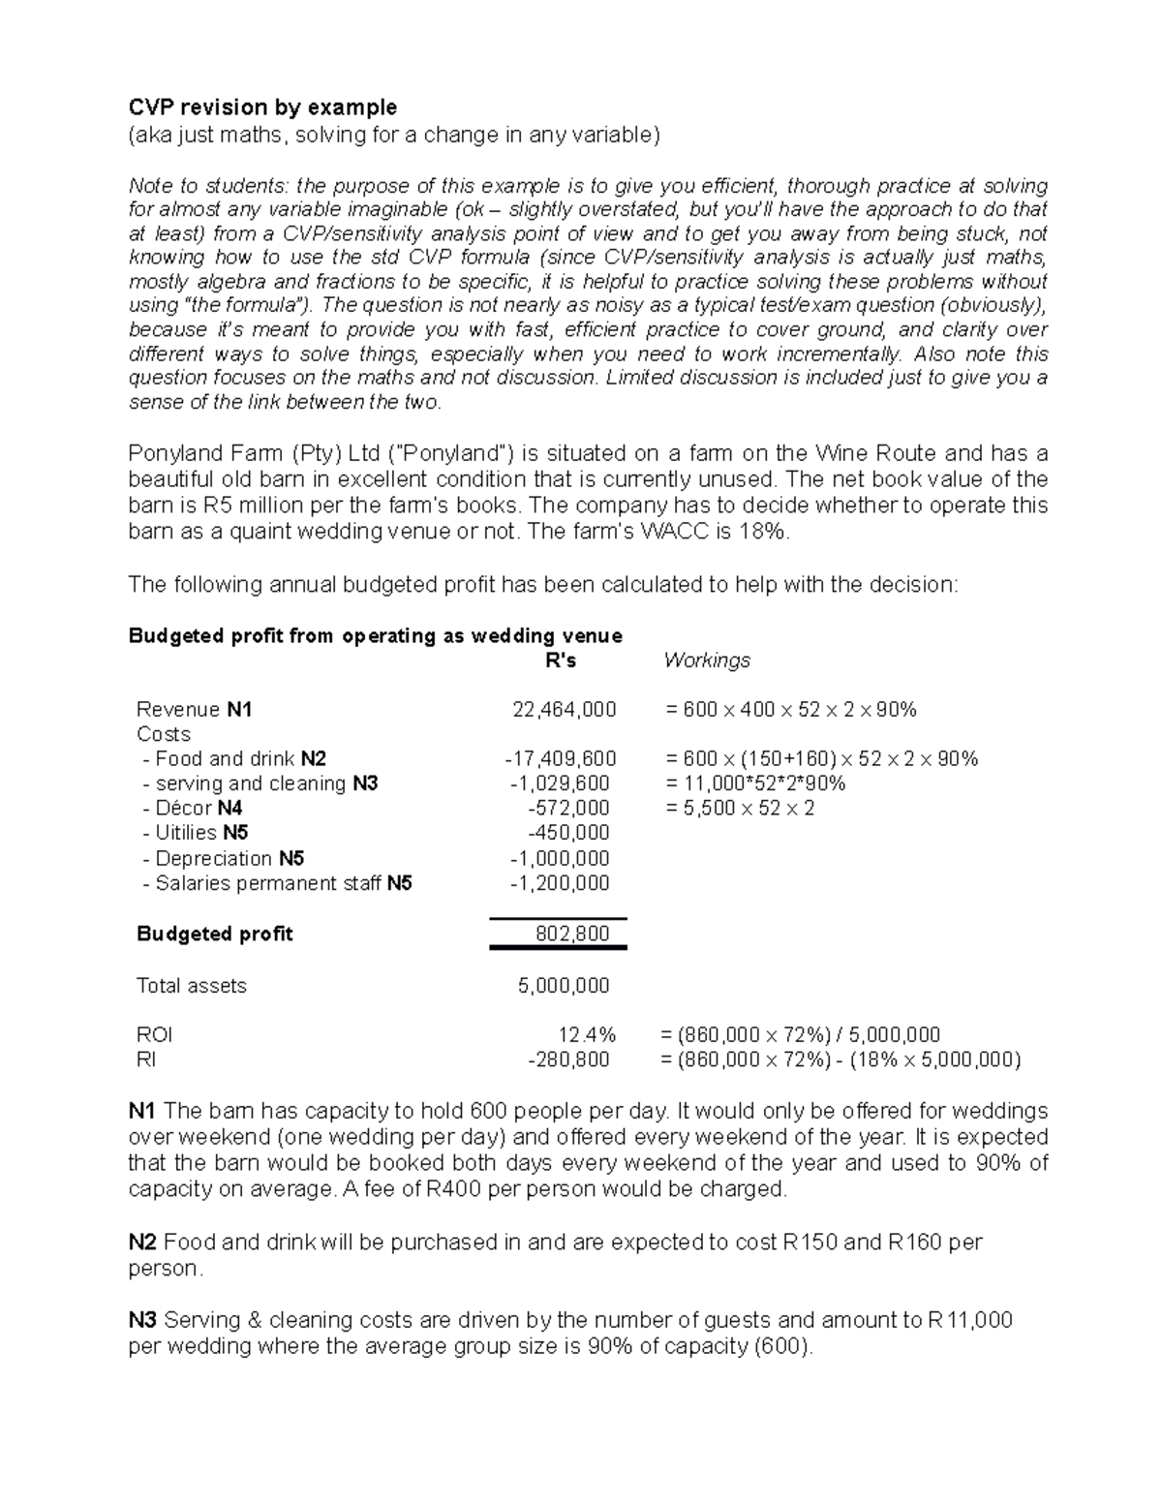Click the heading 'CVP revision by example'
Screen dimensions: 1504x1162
262,107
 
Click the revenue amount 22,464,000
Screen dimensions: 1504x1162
564,710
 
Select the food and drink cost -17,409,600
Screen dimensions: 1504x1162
554,759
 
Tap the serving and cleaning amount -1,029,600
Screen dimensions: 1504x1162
560,783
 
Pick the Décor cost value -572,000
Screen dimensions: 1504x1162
568,809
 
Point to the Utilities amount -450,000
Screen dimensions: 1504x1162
568,833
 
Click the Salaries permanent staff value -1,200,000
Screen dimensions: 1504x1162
560,883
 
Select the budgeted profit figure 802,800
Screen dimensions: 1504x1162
572,935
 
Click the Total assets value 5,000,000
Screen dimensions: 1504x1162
564,986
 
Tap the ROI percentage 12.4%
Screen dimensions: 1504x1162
587,1035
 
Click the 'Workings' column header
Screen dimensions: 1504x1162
707,660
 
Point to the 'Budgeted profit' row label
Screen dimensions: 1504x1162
214,935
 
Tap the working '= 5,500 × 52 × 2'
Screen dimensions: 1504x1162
740,809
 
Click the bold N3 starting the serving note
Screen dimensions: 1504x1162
143,1320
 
